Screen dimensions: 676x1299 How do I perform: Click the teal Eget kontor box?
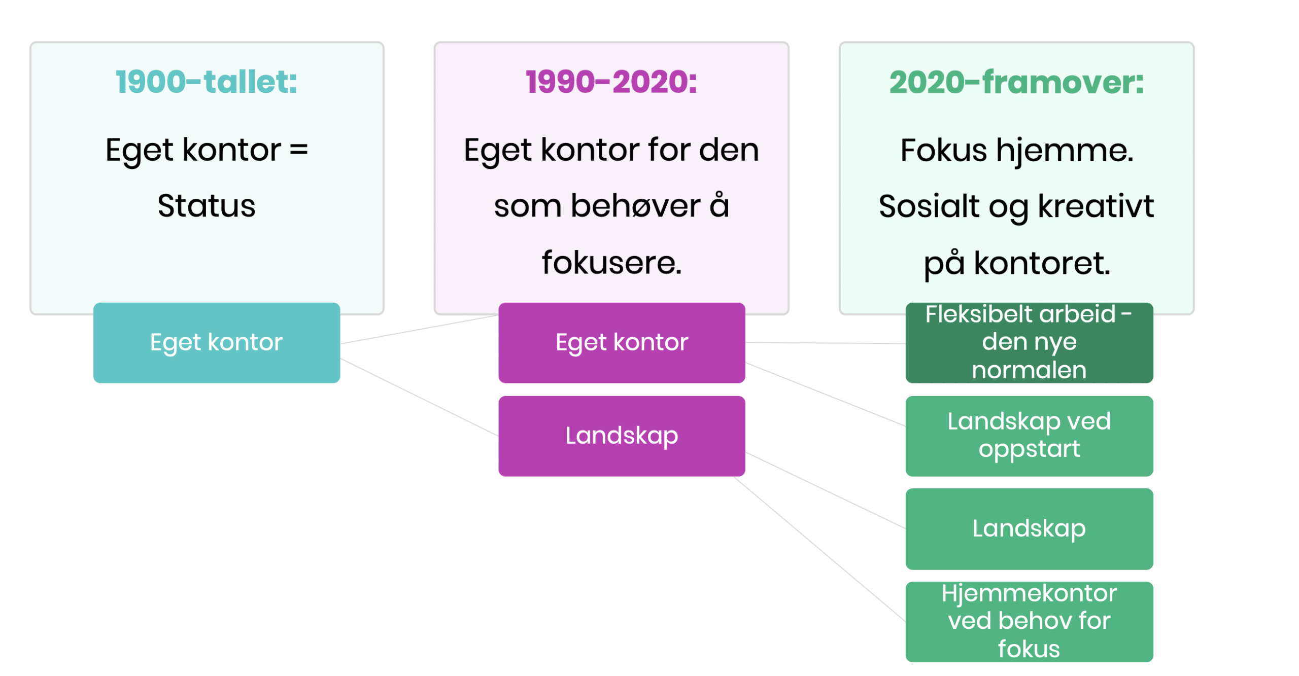[x=216, y=342]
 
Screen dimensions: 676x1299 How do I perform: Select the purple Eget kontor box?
[x=621, y=342]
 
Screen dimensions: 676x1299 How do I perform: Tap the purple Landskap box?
[x=621, y=436]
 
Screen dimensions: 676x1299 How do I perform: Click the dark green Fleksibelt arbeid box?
[x=1029, y=342]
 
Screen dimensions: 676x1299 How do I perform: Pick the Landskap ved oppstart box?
[x=1029, y=436]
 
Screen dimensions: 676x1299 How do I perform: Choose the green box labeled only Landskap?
[x=1029, y=528]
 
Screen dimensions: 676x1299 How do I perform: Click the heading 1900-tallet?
[x=206, y=82]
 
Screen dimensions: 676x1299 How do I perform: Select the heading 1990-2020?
[x=611, y=82]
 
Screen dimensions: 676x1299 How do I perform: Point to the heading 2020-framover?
[x=1016, y=82]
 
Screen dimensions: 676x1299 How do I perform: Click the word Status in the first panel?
[x=206, y=206]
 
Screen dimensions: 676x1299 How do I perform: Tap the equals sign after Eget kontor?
[x=298, y=150]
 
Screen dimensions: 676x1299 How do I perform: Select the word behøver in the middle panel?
[x=635, y=206]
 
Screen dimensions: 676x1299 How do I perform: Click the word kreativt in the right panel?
[x=1096, y=206]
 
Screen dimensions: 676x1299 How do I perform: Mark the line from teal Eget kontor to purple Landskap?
[x=419, y=397]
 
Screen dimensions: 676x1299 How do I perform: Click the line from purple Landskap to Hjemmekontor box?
[x=819, y=549]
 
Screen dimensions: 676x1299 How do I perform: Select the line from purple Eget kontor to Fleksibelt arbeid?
[x=825, y=343]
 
